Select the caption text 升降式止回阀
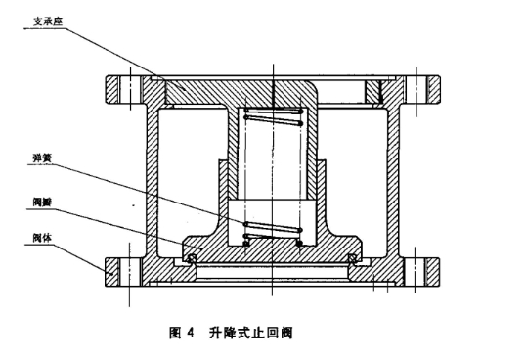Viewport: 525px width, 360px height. point(249,332)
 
